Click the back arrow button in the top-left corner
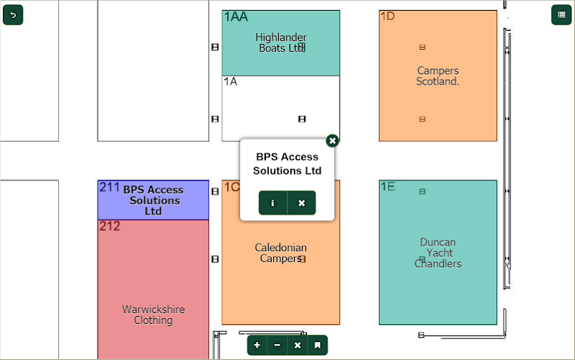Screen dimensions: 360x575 (x=13, y=14)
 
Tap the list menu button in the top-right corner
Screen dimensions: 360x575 (x=561, y=14)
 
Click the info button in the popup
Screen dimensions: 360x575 (x=272, y=203)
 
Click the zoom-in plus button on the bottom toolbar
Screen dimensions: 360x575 (x=257, y=346)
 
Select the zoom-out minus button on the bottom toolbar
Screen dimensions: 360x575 (x=277, y=346)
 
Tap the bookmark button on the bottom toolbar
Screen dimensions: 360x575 (x=317, y=346)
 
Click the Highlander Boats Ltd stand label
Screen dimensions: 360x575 (x=281, y=42)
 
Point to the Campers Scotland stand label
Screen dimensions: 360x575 (x=437, y=76)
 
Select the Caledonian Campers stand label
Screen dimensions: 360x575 (x=280, y=253)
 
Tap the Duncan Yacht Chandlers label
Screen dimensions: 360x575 (x=437, y=253)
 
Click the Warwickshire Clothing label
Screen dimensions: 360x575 (x=153, y=315)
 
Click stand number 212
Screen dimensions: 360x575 (x=110, y=227)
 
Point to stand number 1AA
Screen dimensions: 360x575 (x=236, y=17)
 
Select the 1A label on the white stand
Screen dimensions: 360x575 (x=230, y=82)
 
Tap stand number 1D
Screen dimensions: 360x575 (x=387, y=17)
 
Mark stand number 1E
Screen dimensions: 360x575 (x=388, y=187)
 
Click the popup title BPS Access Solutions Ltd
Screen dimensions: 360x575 (x=287, y=163)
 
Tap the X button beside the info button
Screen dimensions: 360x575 (x=301, y=203)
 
